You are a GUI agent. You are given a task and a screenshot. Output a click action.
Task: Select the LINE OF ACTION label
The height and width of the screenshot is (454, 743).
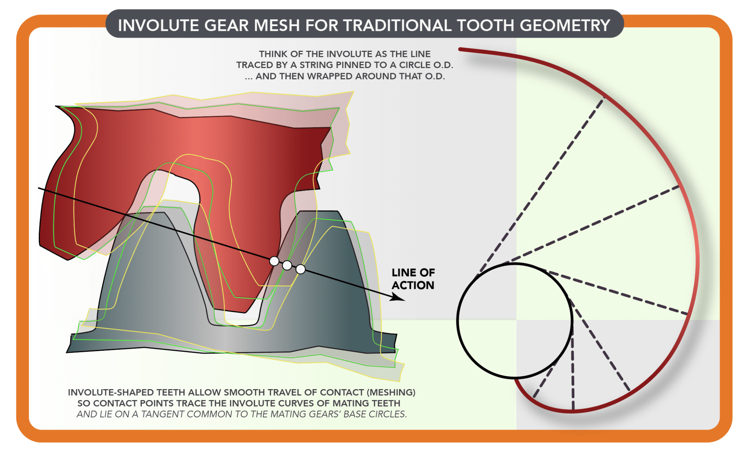413,279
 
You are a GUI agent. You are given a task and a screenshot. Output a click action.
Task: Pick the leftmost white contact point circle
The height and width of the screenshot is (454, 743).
274,261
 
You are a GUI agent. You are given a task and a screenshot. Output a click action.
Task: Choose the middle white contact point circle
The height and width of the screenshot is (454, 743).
287,265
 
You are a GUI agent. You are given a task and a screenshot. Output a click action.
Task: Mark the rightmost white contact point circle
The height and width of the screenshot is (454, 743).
300,269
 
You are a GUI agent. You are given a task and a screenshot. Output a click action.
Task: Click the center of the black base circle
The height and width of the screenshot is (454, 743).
514,321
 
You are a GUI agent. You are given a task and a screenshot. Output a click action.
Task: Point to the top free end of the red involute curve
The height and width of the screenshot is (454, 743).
460,49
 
